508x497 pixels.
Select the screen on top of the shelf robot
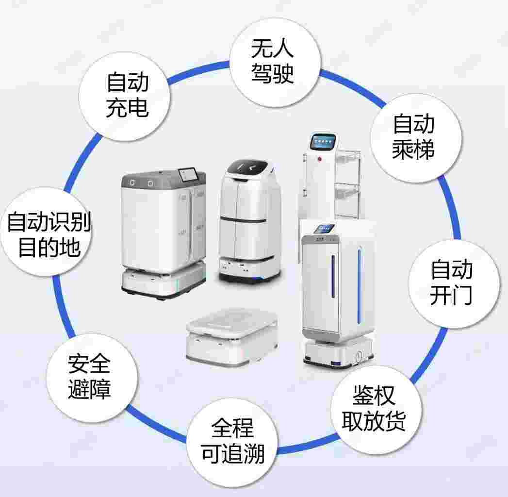323,141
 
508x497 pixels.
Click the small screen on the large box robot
187,173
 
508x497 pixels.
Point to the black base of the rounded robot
249,276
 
